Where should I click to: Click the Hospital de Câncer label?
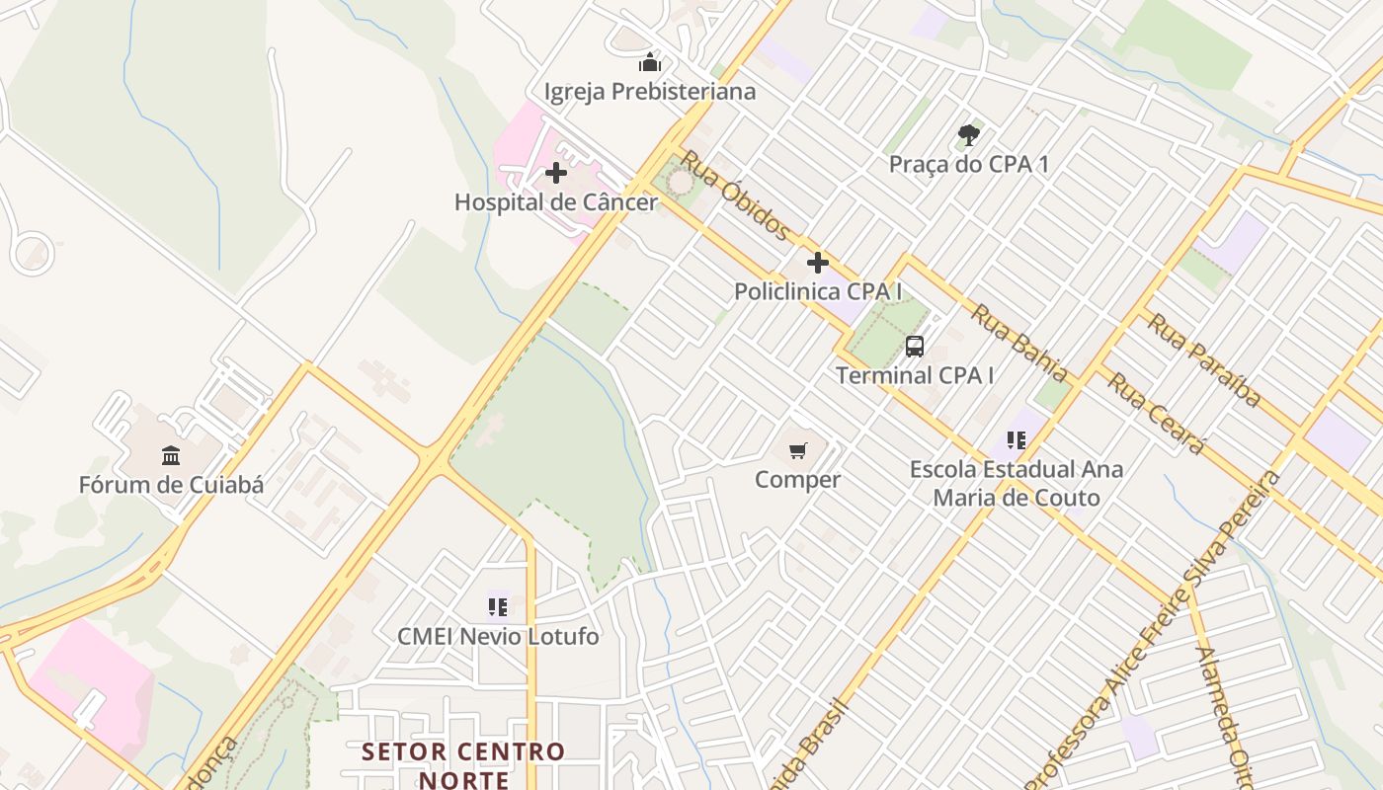(555, 202)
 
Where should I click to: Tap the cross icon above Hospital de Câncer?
(556, 173)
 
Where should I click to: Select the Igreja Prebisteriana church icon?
(650, 62)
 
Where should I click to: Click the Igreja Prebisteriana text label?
(650, 92)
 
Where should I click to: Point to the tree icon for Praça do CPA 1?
(968, 135)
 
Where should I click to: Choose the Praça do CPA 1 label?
(968, 165)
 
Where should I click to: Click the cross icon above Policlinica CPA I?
(818, 263)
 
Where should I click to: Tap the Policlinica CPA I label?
(818, 292)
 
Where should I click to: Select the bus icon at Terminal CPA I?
(915, 347)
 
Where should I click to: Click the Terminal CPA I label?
(915, 376)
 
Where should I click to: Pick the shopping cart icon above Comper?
(798, 451)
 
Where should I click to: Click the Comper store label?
(798, 480)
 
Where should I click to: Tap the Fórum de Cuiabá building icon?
(171, 455)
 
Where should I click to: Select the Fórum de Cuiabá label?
(171, 485)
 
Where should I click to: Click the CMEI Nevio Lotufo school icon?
(497, 606)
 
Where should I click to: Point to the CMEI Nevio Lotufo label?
(498, 637)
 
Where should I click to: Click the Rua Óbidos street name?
(735, 196)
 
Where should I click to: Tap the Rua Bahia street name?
(1019, 343)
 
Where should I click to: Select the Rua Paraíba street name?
(1204, 360)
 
